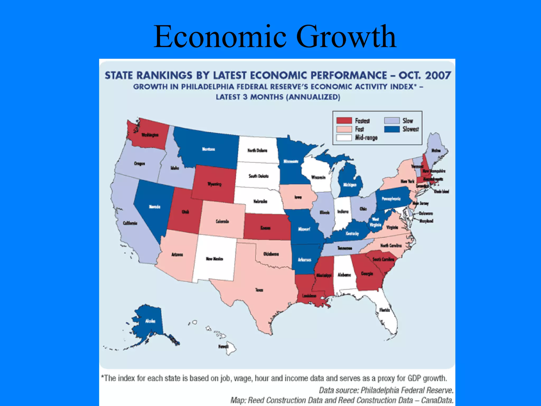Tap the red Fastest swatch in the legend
[x=344, y=121]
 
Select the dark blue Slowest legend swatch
[x=392, y=129]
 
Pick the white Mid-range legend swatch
[x=344, y=138]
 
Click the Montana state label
[x=208, y=149]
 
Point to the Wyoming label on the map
[x=214, y=184]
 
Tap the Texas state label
[x=259, y=290]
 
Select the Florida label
[x=385, y=310]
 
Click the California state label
[x=130, y=223]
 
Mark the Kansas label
[x=265, y=228]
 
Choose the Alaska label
[x=150, y=321]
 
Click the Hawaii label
[x=223, y=346]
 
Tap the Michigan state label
[x=350, y=185]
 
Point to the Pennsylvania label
[x=391, y=199]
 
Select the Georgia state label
[x=367, y=274]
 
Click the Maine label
[x=436, y=150]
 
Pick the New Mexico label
[x=214, y=259]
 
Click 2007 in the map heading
[x=438, y=76]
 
